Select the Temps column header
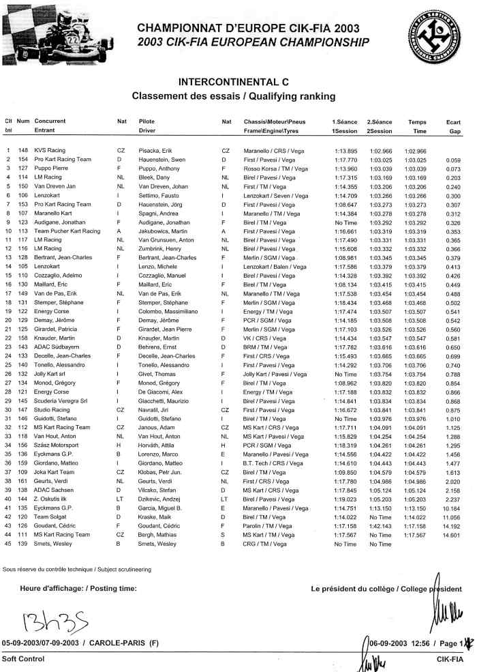[x=417, y=121]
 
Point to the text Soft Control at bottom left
[x=23, y=659]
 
